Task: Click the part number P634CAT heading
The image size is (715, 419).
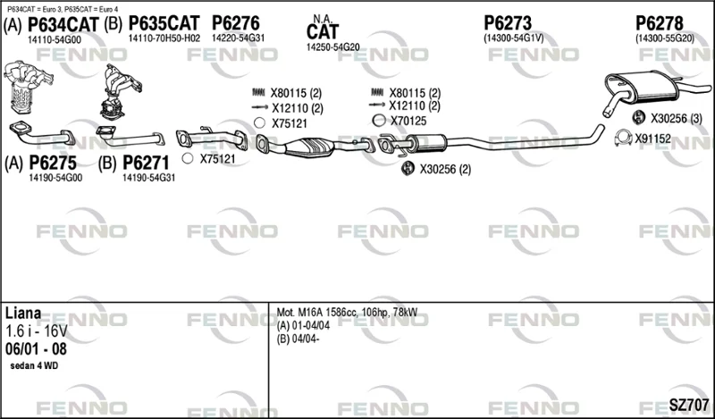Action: click(63, 25)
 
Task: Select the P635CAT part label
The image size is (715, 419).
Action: click(164, 23)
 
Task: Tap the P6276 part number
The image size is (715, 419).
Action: click(235, 23)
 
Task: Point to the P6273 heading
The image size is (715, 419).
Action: click(508, 23)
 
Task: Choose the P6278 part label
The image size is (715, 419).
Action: click(660, 23)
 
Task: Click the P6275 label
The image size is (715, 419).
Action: click(53, 163)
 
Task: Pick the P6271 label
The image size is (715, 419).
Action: click(146, 163)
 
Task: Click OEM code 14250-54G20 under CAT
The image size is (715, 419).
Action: click(332, 47)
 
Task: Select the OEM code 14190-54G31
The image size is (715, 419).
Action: click(148, 178)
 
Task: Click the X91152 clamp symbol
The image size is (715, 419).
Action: click(623, 138)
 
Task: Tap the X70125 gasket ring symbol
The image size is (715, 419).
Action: click(379, 121)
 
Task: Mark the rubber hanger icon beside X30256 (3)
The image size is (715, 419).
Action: click(638, 117)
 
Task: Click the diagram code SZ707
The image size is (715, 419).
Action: click(688, 405)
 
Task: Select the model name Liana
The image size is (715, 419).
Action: click(23, 313)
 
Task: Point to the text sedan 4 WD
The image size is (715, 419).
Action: click(34, 365)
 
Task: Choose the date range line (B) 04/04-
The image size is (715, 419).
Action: click(298, 339)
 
